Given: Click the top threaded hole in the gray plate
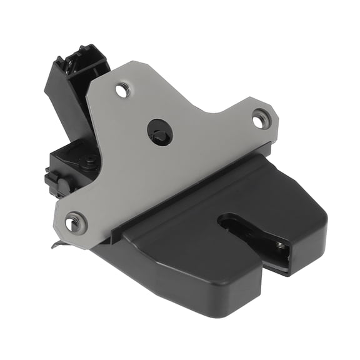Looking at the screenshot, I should (x=123, y=90).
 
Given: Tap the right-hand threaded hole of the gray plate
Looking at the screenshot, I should (x=259, y=118).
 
